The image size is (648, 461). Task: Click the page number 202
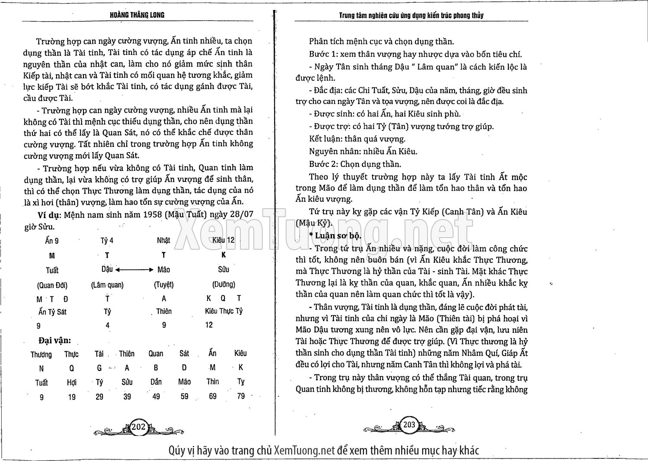tap(138, 427)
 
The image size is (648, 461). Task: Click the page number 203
tap(409, 425)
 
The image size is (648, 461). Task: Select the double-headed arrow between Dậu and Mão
tap(134, 270)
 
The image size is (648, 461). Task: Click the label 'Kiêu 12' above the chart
tap(223, 240)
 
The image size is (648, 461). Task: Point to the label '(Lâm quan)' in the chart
tap(107, 285)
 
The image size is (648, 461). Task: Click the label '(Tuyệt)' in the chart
tap(164, 285)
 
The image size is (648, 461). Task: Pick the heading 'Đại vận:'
tap(54, 340)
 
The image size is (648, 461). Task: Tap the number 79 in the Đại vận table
tap(241, 396)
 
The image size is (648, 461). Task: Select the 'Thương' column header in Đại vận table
tap(41, 355)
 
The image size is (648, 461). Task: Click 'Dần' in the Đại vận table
tap(156, 382)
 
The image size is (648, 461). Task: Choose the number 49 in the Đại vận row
tap(156, 396)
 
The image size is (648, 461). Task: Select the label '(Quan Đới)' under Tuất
tap(52, 285)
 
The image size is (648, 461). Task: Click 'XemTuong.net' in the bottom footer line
tap(304, 450)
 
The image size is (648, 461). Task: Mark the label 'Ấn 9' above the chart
tap(52, 241)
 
